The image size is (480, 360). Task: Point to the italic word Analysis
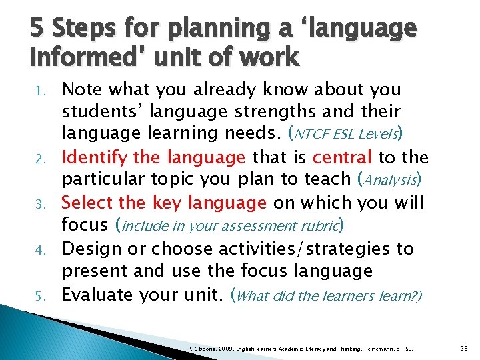[x=389, y=180]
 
